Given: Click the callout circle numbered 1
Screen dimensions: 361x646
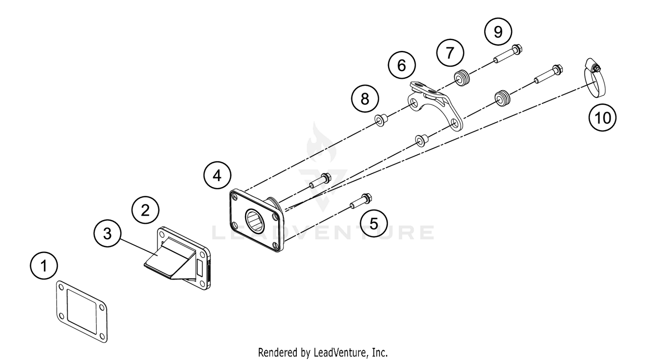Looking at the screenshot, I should (44, 266).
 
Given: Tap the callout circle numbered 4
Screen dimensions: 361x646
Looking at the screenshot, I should (217, 176).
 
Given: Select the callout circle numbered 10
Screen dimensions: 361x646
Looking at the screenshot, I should (603, 117).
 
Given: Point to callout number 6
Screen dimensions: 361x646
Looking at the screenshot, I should (401, 66).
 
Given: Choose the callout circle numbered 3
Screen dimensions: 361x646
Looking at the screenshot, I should (108, 233).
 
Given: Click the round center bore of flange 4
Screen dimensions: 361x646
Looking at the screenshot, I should (258, 220).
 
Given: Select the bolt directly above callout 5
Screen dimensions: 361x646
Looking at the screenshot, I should (361, 201).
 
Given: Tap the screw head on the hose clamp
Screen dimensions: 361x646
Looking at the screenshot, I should (596, 68).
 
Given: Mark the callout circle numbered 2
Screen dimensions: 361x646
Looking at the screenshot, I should (145, 210).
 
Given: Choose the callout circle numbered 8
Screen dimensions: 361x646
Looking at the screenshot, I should (365, 99).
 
